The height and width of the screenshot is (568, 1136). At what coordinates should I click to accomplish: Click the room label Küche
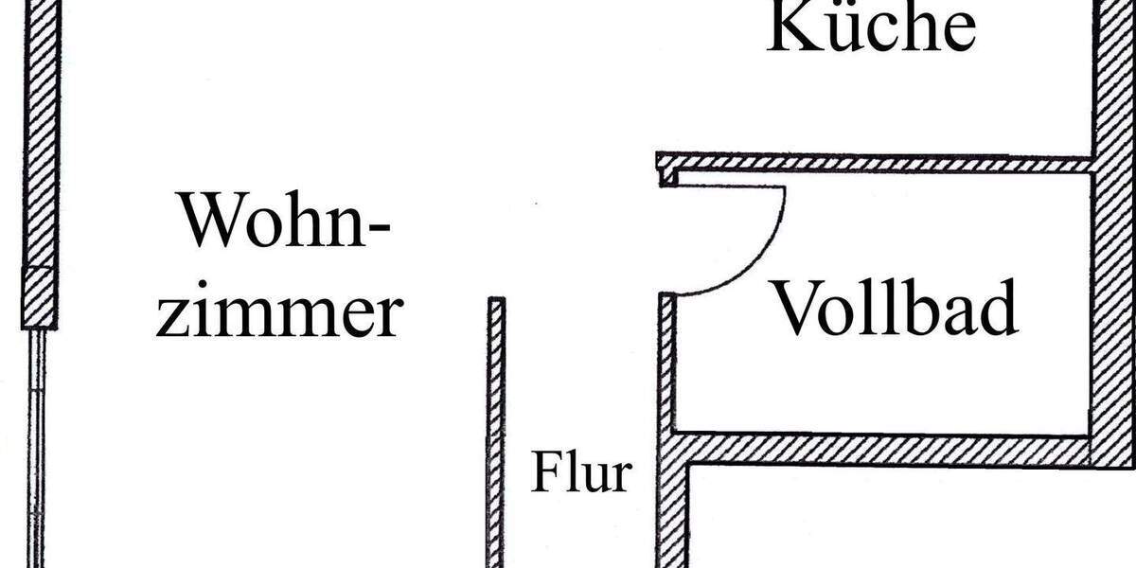871,27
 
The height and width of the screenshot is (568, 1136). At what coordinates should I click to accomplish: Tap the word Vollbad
896,309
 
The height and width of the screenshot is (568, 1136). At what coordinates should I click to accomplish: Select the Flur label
581,471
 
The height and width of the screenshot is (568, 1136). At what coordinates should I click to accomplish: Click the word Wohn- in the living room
285,220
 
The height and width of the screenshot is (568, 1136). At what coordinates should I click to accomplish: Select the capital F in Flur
545,471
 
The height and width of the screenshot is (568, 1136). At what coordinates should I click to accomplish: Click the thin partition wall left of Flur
496,432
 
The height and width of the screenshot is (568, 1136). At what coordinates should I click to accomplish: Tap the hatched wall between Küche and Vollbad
873,163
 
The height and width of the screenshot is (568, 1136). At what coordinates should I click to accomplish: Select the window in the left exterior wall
36,449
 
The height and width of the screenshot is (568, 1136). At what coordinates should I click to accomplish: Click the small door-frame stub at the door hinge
668,178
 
